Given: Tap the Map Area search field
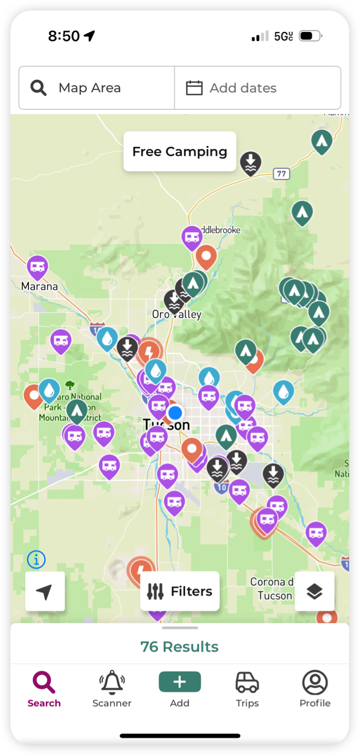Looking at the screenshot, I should [x=97, y=88].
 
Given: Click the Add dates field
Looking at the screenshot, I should [x=257, y=88].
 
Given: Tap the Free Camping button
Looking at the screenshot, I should [x=179, y=152].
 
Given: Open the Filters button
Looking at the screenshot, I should [x=179, y=591].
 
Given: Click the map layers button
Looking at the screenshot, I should [x=314, y=591].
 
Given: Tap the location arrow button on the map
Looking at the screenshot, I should [x=45, y=591].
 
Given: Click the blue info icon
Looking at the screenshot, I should [x=36, y=560].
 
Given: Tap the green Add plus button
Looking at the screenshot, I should [x=179, y=682].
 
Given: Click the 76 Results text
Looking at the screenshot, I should [x=179, y=647].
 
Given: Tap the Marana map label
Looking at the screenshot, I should [x=39, y=287].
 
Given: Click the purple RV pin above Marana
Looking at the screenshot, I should [x=37, y=266].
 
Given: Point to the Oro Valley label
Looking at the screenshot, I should [x=177, y=314].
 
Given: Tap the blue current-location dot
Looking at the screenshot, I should [x=175, y=412].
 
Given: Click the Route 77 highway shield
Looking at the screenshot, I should [x=282, y=174].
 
